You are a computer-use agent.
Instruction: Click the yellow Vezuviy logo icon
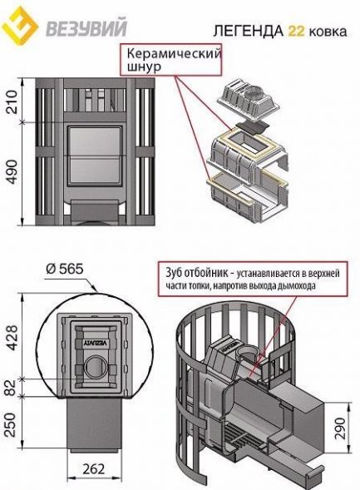[20, 26]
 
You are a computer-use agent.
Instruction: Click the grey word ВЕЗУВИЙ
[86, 27]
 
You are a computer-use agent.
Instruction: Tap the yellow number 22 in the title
[296, 31]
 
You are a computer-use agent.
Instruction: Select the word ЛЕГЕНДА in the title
[249, 31]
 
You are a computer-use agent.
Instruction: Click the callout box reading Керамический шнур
[170, 59]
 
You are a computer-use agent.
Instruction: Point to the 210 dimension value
[12, 101]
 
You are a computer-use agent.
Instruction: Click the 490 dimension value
[12, 172]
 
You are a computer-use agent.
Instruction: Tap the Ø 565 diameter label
[65, 269]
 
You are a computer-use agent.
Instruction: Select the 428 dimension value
[12, 338]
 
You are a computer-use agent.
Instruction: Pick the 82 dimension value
[12, 388]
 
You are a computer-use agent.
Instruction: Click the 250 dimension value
[11, 424]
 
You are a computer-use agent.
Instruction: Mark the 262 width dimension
[94, 468]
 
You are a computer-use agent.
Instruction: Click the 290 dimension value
[340, 428]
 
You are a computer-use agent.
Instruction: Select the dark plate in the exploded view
[252, 126]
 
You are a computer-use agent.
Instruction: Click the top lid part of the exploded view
[249, 98]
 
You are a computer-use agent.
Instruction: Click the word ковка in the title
[328, 32]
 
